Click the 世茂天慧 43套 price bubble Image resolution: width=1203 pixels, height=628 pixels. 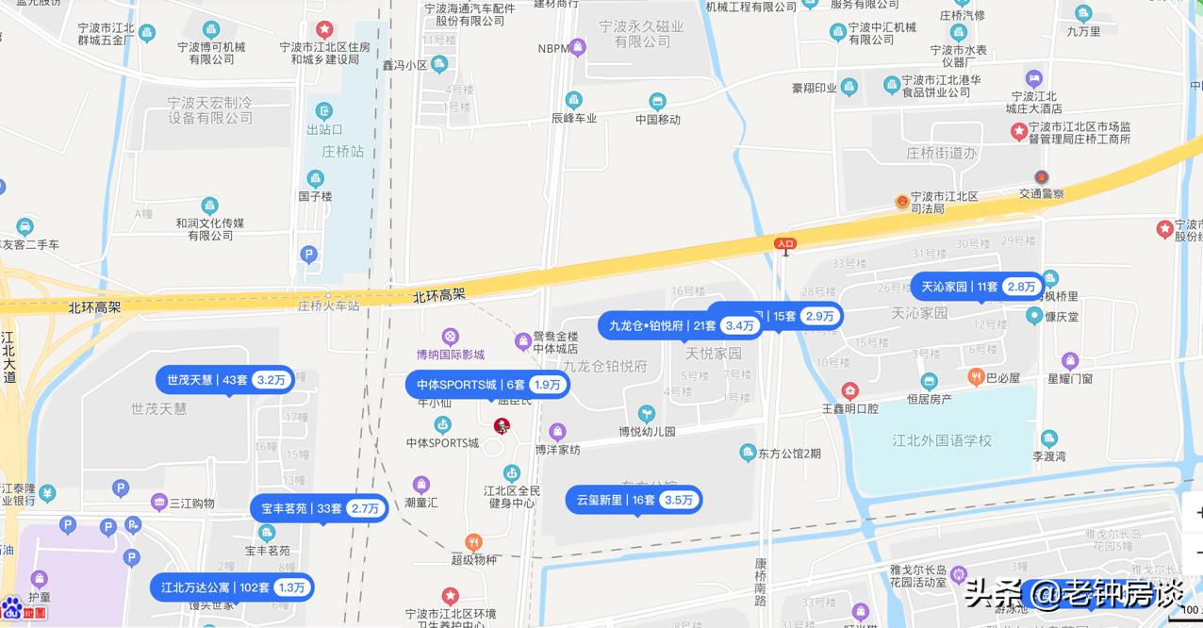tap(224, 380)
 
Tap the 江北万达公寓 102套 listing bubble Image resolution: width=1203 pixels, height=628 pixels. tap(231, 587)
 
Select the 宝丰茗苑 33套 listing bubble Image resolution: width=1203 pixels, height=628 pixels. tap(320, 508)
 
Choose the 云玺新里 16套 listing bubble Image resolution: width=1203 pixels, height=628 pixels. tap(634, 500)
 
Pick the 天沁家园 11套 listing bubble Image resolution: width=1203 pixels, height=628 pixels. tap(977, 287)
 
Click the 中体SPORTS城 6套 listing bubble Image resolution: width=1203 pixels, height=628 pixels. tap(487, 385)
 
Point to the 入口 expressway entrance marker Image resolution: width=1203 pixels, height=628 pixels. tap(784, 244)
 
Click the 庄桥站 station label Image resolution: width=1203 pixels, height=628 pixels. tap(343, 151)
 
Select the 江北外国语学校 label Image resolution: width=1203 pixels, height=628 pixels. tap(942, 440)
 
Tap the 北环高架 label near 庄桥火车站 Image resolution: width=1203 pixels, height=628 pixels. tap(439, 295)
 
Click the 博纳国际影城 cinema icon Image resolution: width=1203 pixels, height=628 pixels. tap(451, 337)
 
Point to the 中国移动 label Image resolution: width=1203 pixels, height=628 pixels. tap(658, 120)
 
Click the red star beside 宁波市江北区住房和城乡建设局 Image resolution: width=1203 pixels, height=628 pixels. tap(324, 30)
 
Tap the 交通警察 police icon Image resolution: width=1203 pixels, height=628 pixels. tap(1041, 177)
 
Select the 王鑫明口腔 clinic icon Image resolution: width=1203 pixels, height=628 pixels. tap(849, 391)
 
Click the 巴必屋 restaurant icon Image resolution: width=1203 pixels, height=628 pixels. tap(976, 377)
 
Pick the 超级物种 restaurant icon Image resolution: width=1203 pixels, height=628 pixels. tap(473, 542)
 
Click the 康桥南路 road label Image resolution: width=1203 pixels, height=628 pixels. tap(761, 580)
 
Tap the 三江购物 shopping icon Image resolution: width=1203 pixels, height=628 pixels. tap(157, 503)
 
